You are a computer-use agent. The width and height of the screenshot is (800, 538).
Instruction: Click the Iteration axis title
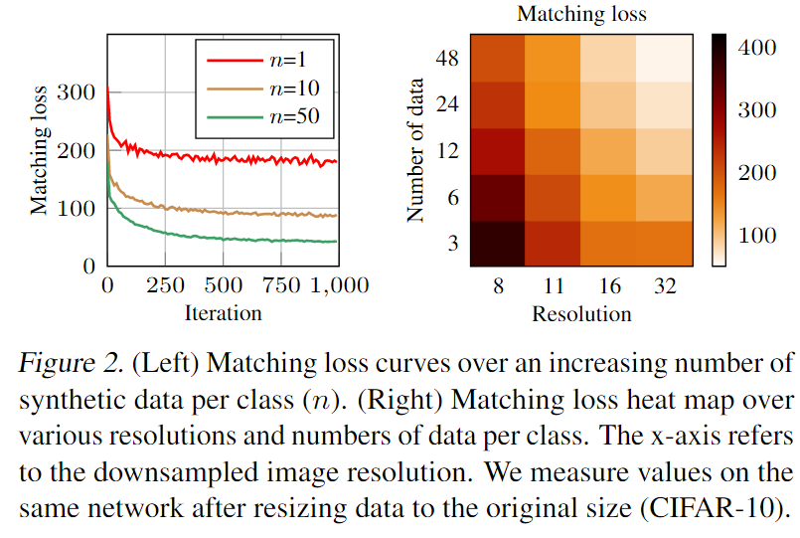(223, 313)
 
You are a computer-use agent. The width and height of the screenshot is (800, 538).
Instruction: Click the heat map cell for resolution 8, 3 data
(499, 244)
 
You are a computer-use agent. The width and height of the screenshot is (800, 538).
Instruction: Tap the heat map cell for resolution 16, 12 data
(608, 151)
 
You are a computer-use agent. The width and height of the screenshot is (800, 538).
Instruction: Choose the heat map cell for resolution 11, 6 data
(554, 198)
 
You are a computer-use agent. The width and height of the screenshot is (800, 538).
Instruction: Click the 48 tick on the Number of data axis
(447, 59)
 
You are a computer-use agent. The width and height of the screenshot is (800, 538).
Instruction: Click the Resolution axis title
(581, 314)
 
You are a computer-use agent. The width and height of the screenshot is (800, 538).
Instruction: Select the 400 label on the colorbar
(757, 47)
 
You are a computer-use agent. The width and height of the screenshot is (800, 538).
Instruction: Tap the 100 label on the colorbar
(757, 237)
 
